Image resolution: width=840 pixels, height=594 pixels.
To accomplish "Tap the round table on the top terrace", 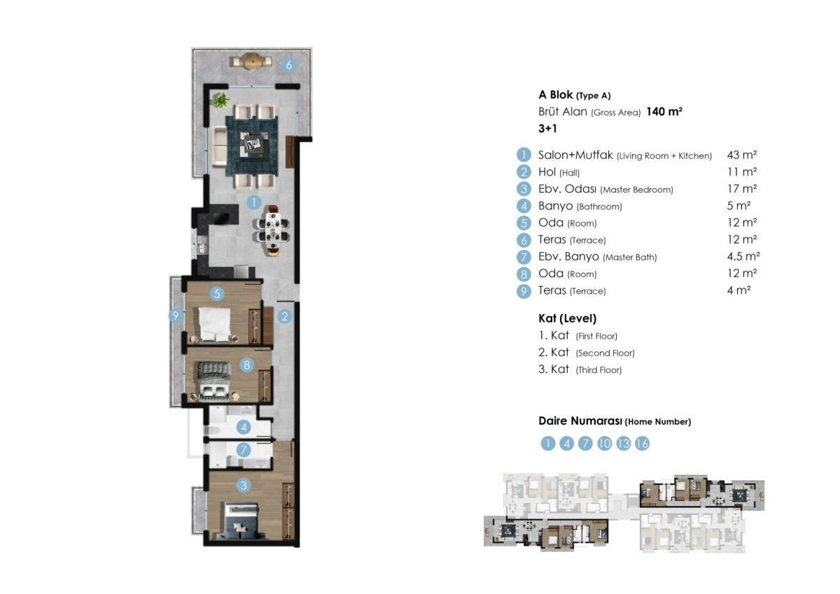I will [253, 62].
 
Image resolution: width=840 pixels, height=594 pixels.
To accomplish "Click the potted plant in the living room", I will [221, 99].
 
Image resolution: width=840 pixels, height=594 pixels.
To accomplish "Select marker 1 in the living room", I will [253, 203].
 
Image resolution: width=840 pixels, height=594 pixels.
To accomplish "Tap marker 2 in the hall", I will [284, 316].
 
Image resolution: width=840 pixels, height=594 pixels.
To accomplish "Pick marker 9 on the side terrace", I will [176, 316].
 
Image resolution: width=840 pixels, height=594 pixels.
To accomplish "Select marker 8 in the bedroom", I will [246, 365].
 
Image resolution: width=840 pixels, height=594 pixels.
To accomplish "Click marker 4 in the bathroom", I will [244, 427].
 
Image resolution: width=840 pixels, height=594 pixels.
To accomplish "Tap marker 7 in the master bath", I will [244, 450].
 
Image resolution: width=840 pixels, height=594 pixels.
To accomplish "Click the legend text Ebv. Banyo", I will [568, 257].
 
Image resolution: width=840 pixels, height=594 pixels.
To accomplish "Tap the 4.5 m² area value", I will [743, 257].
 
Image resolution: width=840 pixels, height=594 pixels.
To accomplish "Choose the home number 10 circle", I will [605, 444].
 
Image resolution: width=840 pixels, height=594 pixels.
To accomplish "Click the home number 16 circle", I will [642, 444].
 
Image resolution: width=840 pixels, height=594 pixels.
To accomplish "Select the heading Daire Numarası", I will [580, 421].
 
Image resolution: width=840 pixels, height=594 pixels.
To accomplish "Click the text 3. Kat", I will [554, 369].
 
